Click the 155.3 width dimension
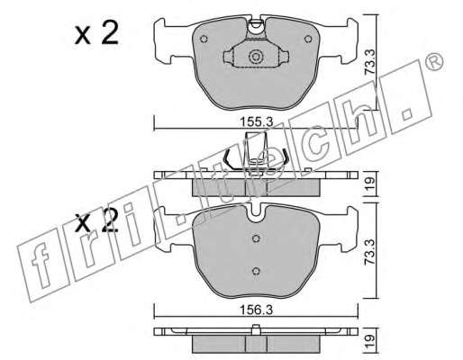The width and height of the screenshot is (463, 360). click(256, 122)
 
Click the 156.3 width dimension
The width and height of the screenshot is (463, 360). click(256, 310)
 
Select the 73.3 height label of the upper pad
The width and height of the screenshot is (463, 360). click(370, 62)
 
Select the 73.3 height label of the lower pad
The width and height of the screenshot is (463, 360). click(370, 251)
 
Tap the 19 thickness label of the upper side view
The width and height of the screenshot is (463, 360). click(370, 183)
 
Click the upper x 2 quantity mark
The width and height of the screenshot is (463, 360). click(96, 34)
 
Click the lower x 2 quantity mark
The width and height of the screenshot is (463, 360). click(96, 221)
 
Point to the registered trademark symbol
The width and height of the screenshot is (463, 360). click(434, 62)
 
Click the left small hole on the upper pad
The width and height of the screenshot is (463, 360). click(204, 39)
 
